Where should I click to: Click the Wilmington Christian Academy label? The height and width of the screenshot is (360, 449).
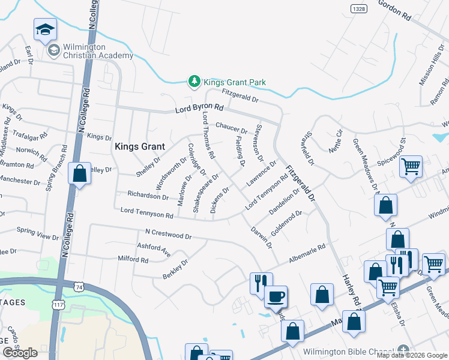[x=98, y=51]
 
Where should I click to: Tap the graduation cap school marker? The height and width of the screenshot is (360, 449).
[x=45, y=30]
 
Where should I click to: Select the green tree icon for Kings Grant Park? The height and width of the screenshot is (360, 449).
[x=194, y=82]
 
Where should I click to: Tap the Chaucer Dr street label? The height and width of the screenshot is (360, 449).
[x=232, y=127]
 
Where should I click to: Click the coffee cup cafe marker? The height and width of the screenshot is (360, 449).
[x=276, y=296]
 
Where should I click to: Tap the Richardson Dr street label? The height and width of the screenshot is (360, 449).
[x=148, y=196]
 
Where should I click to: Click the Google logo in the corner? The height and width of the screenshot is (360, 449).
[x=20, y=353]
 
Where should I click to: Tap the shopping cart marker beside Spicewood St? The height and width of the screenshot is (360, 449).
[x=411, y=166]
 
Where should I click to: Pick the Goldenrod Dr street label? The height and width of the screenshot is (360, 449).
[x=286, y=222]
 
